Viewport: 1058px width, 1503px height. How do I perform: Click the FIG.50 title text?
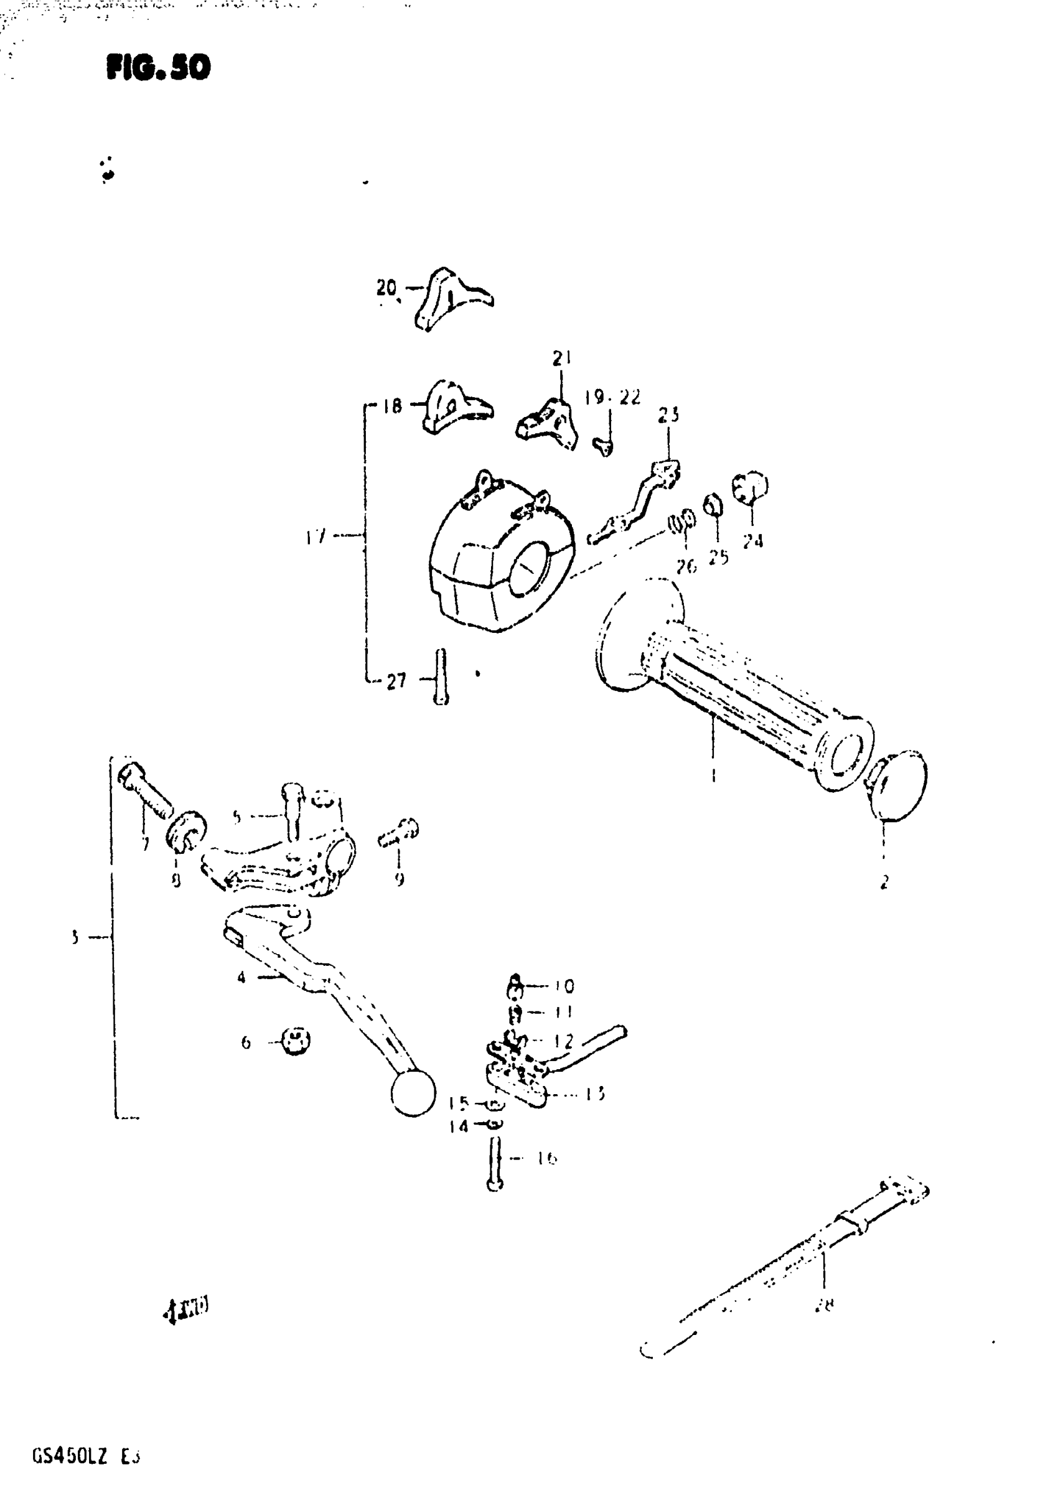pos(159,67)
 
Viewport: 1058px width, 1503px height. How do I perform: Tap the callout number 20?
pos(387,288)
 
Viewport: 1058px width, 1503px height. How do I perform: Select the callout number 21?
pos(561,357)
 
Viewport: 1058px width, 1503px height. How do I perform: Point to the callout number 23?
pos(668,414)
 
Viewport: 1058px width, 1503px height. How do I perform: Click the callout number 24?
pos(753,541)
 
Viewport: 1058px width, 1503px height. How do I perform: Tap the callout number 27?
pos(396,681)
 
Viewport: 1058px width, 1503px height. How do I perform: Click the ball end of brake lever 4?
pos(413,1093)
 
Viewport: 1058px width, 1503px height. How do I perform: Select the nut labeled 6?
pos(296,1040)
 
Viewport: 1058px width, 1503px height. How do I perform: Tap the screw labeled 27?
pos(441,677)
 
